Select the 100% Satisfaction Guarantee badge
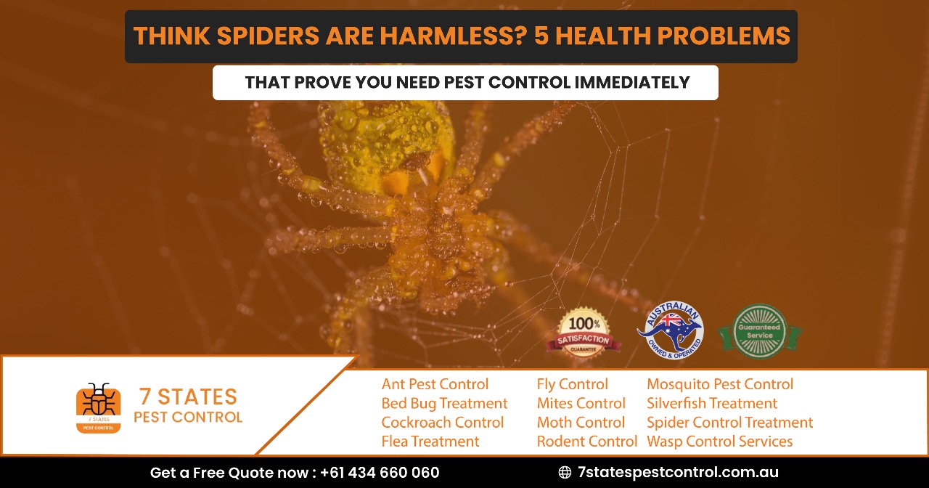pyautogui.click(x=584, y=333)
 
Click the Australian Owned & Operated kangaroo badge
pyautogui.click(x=670, y=330)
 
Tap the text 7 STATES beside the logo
pyautogui.click(x=188, y=397)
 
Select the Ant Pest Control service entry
pyautogui.click(x=435, y=384)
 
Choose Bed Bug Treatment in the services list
pyautogui.click(x=444, y=403)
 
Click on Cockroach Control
pyautogui.click(x=442, y=422)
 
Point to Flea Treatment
pyautogui.click(x=430, y=441)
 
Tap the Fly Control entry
pyautogui.click(x=572, y=384)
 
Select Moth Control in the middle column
pyautogui.click(x=581, y=422)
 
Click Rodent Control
pyautogui.click(x=586, y=441)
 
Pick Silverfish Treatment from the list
pyautogui.click(x=711, y=403)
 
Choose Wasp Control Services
pyautogui.click(x=719, y=441)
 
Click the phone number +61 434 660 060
pyautogui.click(x=379, y=473)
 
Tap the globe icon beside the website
pyautogui.click(x=565, y=473)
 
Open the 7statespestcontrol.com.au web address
pyautogui.click(x=678, y=473)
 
